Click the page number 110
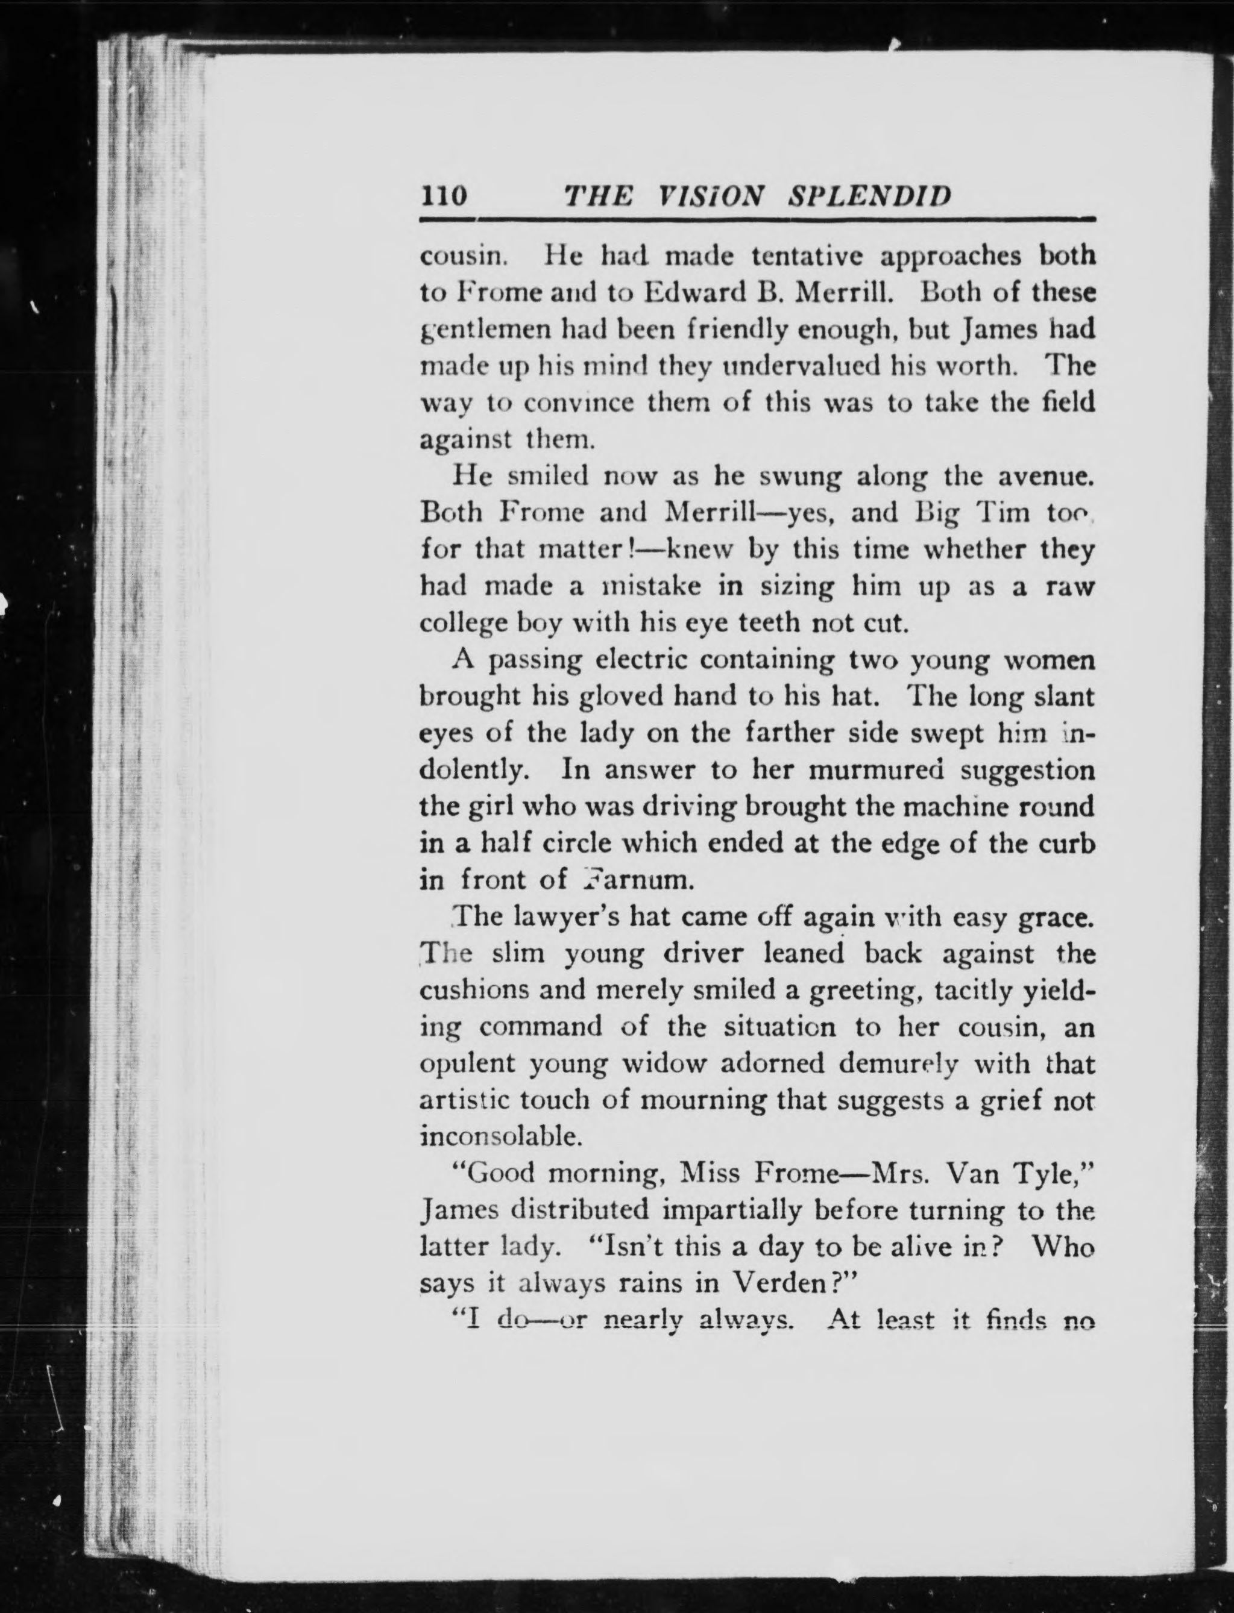click(444, 197)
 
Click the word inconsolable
click(502, 1136)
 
